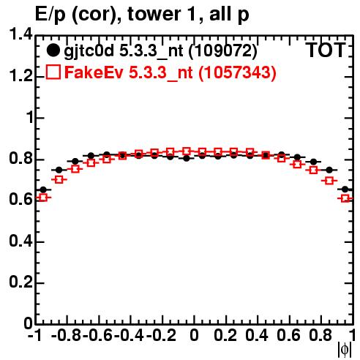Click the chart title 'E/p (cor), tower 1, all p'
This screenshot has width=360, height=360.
tap(142, 15)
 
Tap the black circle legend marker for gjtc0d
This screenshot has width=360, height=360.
tap(53, 50)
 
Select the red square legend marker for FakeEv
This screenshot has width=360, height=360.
tap(53, 72)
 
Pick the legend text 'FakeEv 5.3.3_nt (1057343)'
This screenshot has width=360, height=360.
tap(170, 72)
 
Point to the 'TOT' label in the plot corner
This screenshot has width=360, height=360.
tap(326, 50)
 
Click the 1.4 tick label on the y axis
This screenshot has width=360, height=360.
tap(20, 34)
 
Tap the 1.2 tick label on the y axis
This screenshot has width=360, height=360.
tap(20, 76)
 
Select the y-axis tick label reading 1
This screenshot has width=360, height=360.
tap(30, 118)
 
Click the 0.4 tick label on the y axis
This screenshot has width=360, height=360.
tap(20, 241)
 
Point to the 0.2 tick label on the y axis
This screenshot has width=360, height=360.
tap(20, 282)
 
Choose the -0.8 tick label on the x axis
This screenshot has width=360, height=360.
tap(67, 335)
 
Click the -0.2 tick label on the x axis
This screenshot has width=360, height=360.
tap(161, 335)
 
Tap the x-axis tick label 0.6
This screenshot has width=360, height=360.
tap(288, 335)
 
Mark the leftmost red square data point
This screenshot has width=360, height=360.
tap(43, 198)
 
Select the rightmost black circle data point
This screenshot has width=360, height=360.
tap(345, 190)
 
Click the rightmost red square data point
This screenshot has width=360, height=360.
tap(345, 198)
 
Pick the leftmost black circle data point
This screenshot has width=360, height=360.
tap(43, 190)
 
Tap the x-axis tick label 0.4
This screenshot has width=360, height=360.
tap(257, 335)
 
